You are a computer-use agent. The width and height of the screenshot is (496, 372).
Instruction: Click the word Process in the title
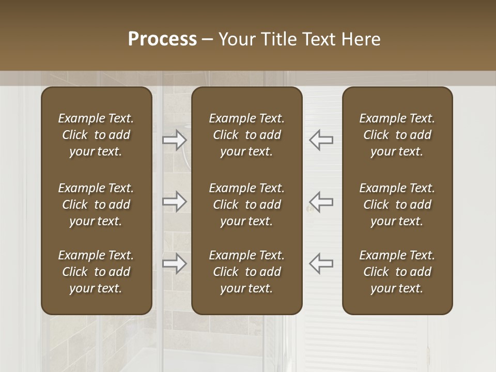coord(162,39)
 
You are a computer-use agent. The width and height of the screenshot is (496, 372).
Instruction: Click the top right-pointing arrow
coord(175,140)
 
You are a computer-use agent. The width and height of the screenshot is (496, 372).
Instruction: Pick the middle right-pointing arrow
coord(175,202)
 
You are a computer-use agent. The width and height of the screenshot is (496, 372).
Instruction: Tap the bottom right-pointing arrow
coord(175,263)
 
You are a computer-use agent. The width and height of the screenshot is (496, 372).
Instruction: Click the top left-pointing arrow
coord(321,140)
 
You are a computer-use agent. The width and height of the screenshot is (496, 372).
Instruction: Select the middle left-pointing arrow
coord(321,202)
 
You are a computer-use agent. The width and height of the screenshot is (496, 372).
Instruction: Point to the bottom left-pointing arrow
coord(321,263)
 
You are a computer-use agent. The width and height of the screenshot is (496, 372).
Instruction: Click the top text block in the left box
coord(96,135)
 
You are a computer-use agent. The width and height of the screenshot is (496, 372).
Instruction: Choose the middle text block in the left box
coord(96,205)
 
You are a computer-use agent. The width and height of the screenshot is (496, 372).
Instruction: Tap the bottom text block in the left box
coord(96,272)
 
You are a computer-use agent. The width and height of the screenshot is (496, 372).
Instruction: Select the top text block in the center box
coord(247,135)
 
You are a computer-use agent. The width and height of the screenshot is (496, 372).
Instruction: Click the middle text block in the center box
coord(247,205)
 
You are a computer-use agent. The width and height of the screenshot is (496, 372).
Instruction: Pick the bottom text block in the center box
coord(247,272)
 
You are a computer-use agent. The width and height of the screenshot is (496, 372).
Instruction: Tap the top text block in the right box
coord(397,135)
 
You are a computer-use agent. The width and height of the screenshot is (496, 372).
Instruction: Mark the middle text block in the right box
coord(397,205)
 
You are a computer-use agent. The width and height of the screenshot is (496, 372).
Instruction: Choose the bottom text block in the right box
coord(397,272)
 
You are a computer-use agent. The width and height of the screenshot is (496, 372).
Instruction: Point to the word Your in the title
coord(235,39)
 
